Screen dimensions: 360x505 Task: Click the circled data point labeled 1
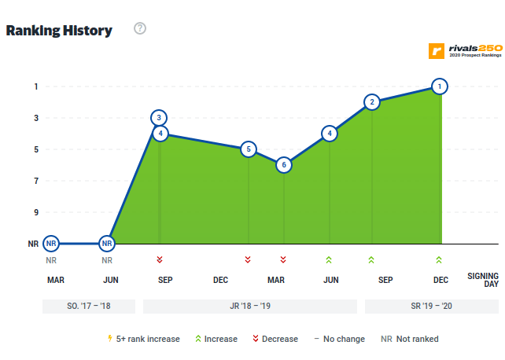440,86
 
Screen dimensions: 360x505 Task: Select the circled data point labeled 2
372,102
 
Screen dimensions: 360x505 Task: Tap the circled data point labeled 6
283,165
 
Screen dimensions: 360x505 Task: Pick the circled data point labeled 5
248,149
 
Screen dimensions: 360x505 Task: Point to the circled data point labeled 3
160,118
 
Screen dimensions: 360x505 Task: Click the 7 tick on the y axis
35,181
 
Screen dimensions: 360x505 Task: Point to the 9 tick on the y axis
35,212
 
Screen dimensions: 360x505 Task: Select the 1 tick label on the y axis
35,86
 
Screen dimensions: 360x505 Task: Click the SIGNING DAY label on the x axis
482,280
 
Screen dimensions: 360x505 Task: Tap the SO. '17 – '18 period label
88,307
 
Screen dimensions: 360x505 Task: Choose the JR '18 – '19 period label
249,307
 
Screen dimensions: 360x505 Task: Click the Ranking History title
59,31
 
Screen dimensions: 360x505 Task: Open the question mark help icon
140,29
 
